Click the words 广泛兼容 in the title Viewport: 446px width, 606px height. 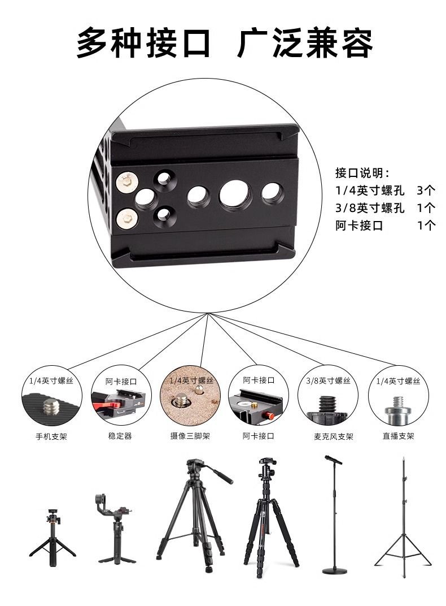coord(305,43)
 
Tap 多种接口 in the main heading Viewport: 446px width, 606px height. coord(143,43)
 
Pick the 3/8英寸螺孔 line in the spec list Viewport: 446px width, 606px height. coord(370,207)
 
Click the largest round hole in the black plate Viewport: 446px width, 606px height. coord(235,194)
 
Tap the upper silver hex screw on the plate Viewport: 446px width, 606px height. coord(126,182)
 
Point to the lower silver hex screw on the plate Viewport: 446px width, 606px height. coord(126,217)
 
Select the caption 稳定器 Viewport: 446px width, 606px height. coord(120,436)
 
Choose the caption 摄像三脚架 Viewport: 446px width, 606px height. coord(190,436)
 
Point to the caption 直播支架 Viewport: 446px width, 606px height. coord(399,436)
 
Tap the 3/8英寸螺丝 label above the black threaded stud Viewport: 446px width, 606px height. coord(328,381)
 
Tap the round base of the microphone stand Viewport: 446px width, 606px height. coord(334,570)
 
